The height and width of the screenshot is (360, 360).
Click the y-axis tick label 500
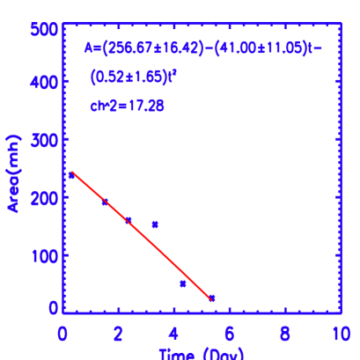click(48, 29)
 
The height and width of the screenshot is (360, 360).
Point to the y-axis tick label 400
click(48, 82)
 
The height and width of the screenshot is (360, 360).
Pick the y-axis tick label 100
click(48, 256)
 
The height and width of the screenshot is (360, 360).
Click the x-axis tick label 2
click(118, 334)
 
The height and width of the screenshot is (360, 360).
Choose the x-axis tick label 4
click(173, 334)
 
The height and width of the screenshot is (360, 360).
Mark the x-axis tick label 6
click(230, 334)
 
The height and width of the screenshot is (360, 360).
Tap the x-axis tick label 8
click(285, 334)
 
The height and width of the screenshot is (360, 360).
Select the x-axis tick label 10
click(339, 334)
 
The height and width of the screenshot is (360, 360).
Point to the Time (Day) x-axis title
click(202, 354)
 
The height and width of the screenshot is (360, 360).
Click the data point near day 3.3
click(155, 224)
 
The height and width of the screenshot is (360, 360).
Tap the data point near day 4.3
click(183, 283)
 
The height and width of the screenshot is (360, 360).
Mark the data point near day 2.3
click(128, 220)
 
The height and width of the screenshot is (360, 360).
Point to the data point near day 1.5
click(105, 202)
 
